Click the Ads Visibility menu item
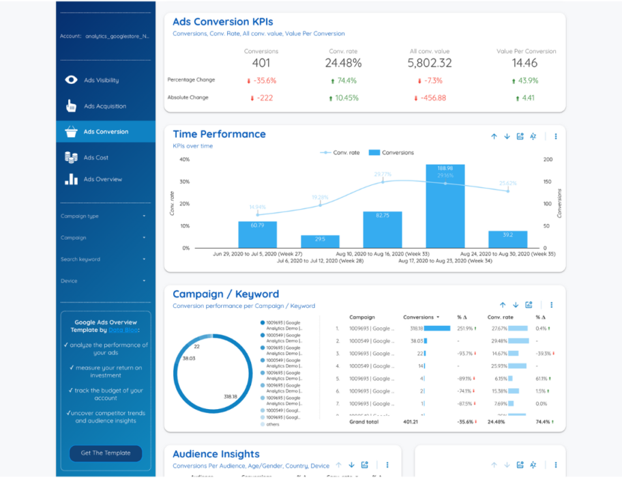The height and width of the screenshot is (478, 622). [101, 80]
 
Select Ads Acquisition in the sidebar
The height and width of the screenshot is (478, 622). [104, 106]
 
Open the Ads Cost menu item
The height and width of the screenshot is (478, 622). [95, 158]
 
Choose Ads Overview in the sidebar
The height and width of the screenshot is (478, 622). [102, 180]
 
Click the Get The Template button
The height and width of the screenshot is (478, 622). [105, 453]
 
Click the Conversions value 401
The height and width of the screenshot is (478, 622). [261, 64]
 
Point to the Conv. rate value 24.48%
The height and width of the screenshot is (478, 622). [343, 64]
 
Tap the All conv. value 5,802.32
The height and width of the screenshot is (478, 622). [430, 64]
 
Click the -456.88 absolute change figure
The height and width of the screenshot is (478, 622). [430, 98]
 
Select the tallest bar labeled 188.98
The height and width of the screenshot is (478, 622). [445, 205]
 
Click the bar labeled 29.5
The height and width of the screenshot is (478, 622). [320, 241]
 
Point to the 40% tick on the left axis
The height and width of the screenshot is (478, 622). [184, 160]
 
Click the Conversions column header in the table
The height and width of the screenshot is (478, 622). [418, 318]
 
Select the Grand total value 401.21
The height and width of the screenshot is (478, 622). [413, 422]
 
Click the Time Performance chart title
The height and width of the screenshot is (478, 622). [219, 134]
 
